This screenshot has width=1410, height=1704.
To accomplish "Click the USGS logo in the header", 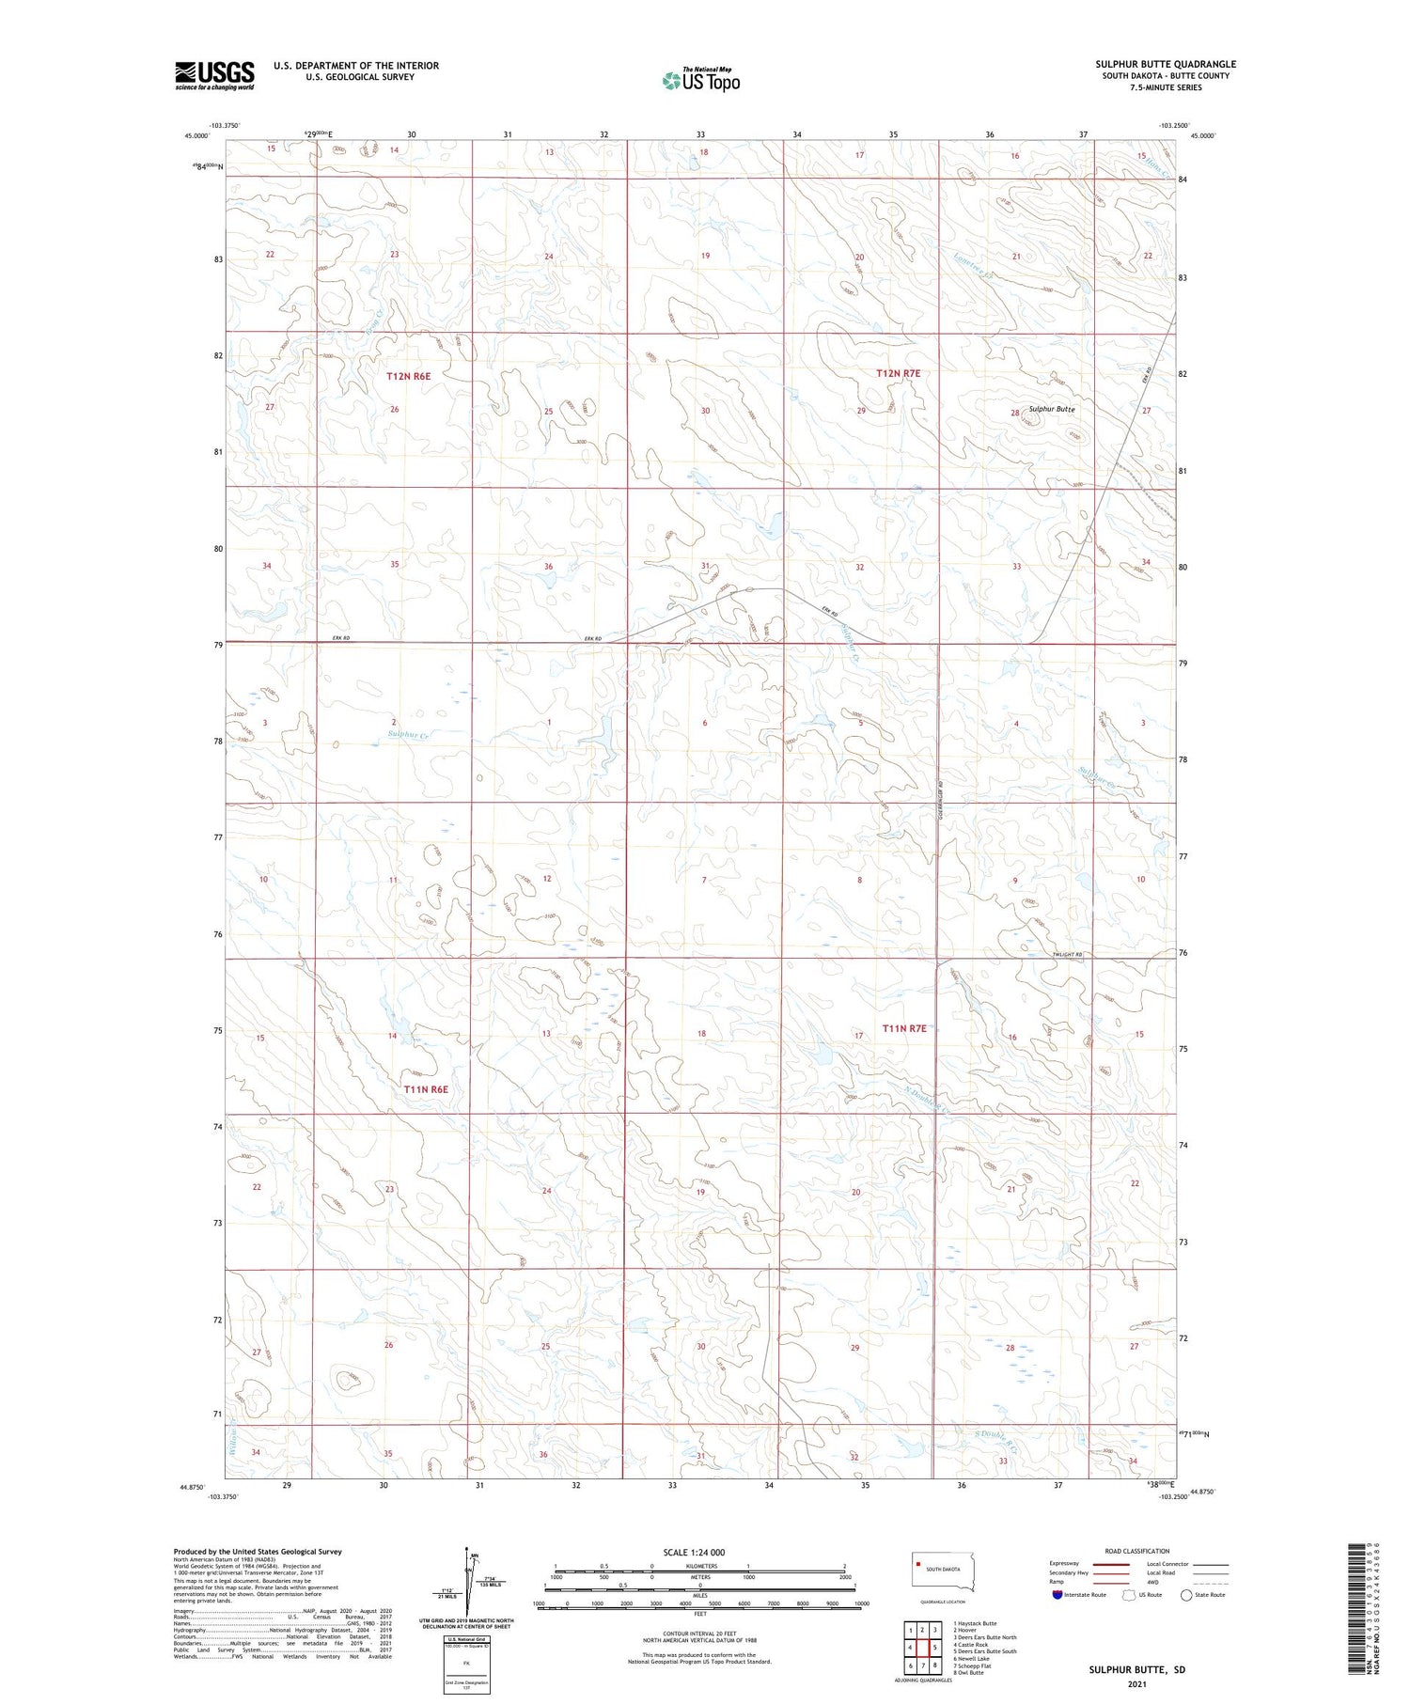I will pyautogui.click(x=214, y=75).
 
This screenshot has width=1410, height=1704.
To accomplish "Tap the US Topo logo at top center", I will pyautogui.click(x=701, y=81).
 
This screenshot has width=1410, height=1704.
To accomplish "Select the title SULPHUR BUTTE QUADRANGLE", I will pyautogui.click(x=1165, y=64).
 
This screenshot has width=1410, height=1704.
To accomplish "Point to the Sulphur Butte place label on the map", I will pyautogui.click(x=1051, y=409).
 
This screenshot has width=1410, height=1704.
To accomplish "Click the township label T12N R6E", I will pyautogui.click(x=408, y=376).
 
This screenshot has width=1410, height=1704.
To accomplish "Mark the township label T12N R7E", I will pyautogui.click(x=898, y=373).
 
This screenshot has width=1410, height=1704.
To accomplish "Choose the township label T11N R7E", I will pyautogui.click(x=904, y=1028).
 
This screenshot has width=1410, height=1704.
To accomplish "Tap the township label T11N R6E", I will pyautogui.click(x=426, y=1089).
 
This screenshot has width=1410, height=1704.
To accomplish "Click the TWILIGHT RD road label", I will pyautogui.click(x=1067, y=955).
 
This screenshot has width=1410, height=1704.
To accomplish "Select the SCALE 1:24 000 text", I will pyautogui.click(x=695, y=1552).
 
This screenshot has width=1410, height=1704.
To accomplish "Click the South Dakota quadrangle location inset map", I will pyautogui.click(x=943, y=1570).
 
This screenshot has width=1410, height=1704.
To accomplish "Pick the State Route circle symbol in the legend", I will pyautogui.click(x=1187, y=1595).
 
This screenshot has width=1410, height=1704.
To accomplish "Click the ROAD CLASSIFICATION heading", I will pyautogui.click(x=1137, y=1551).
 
